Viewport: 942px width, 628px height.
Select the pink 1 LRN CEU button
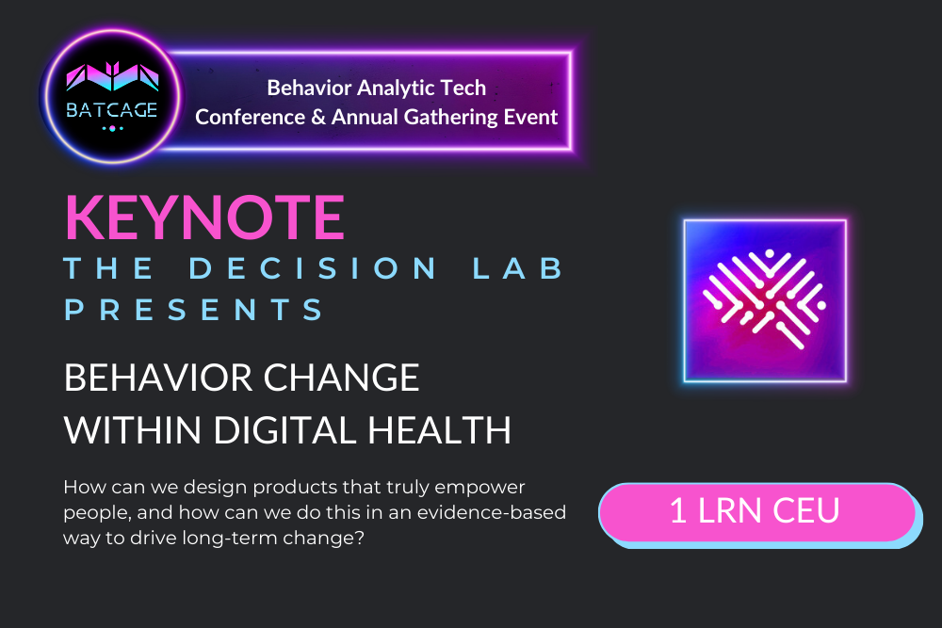click(x=755, y=511)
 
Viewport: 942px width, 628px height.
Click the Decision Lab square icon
click(x=765, y=300)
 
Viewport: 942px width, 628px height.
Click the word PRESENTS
click(x=194, y=310)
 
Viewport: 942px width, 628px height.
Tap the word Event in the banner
click(x=533, y=118)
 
